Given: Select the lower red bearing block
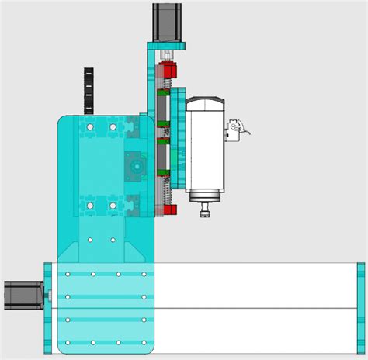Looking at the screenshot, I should [169, 209].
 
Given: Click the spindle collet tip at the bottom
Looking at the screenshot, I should [206, 209].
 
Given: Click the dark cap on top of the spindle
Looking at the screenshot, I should [206, 102].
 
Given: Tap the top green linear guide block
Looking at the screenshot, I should [163, 95].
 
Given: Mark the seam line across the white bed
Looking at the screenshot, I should [256, 309].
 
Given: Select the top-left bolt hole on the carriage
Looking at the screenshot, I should [90, 126].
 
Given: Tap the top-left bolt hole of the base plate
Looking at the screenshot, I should [68, 274].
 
